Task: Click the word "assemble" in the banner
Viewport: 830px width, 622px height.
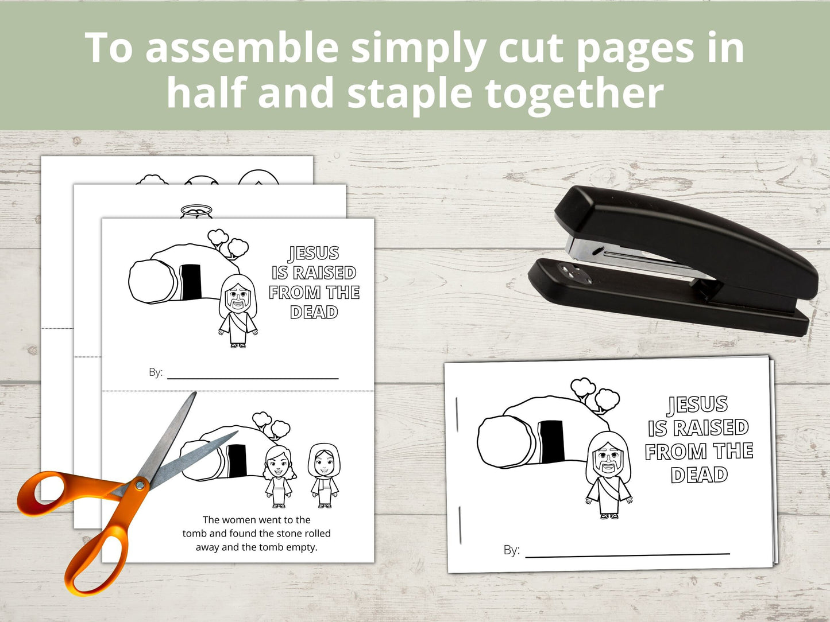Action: point(242,48)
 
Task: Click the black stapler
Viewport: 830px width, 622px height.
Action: point(673,261)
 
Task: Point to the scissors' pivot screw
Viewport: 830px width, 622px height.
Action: point(140,484)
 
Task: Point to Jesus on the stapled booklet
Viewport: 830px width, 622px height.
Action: point(608,475)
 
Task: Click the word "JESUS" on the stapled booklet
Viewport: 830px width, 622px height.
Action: point(697,404)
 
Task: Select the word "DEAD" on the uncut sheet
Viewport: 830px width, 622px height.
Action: point(314,312)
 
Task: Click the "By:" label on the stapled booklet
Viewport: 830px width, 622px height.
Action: point(512,550)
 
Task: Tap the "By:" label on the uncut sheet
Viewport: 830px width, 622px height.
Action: point(156,372)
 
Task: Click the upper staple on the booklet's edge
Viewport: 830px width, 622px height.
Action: point(458,414)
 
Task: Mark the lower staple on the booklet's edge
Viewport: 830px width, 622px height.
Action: point(461,526)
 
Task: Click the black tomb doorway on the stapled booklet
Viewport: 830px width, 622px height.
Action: point(551,441)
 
